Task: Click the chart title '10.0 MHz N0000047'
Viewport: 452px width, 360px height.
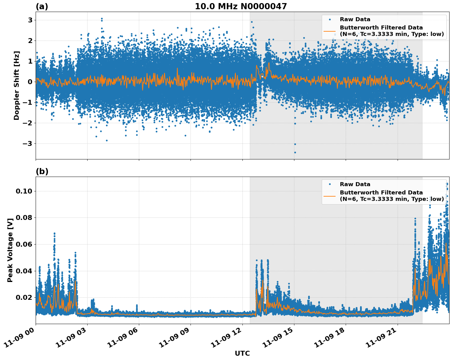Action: pos(241,6)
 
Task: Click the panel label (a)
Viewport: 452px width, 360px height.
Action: pos(42,6)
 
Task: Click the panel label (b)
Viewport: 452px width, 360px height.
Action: pos(42,171)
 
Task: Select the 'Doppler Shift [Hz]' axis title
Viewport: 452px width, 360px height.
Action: pos(17,85)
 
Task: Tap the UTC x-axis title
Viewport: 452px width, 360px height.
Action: pos(242,353)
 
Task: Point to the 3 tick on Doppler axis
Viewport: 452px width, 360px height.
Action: pos(30,20)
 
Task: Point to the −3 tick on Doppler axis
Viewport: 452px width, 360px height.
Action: pos(28,143)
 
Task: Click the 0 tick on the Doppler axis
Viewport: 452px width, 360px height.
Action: pos(30,82)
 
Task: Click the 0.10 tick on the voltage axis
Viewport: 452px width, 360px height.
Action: pos(24,191)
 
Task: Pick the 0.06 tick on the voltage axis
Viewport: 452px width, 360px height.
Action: pos(24,244)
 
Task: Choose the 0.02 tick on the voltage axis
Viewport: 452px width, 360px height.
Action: pos(24,297)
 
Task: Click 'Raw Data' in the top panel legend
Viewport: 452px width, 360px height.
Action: pos(355,19)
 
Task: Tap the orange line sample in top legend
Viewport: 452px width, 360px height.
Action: pos(329,31)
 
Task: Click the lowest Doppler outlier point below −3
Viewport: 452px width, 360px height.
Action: pos(295,152)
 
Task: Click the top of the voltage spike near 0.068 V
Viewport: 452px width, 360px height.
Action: pos(54,233)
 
